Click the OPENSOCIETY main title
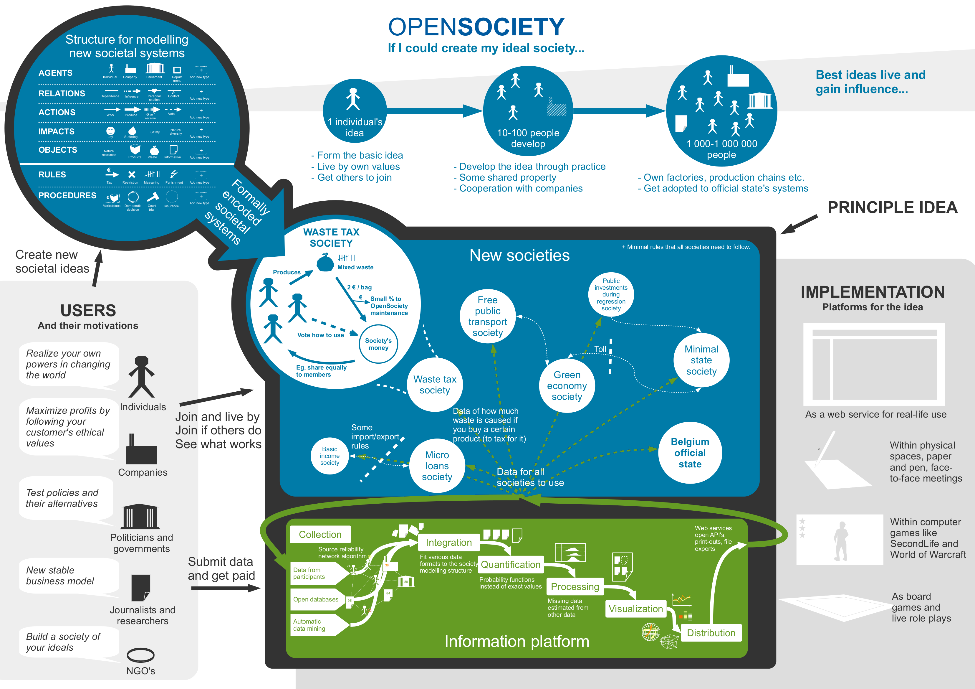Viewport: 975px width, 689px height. tap(476, 27)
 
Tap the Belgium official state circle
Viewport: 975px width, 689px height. tap(690, 453)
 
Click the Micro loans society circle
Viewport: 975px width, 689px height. tap(437, 466)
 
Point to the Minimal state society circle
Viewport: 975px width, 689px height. tap(701, 360)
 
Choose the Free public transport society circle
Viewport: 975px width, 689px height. tap(488, 317)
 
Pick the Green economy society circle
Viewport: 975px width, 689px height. tap(567, 385)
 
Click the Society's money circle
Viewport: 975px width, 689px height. tap(378, 344)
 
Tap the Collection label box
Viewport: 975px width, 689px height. tap(320, 534)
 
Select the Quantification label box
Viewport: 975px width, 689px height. tap(510, 564)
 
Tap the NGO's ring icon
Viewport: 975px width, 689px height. tap(140, 655)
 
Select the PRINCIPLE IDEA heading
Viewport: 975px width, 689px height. tap(892, 207)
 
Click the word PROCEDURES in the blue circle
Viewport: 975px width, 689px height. tap(67, 195)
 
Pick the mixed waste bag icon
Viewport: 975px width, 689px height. tap(325, 262)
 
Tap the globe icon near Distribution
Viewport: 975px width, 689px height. tap(650, 632)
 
